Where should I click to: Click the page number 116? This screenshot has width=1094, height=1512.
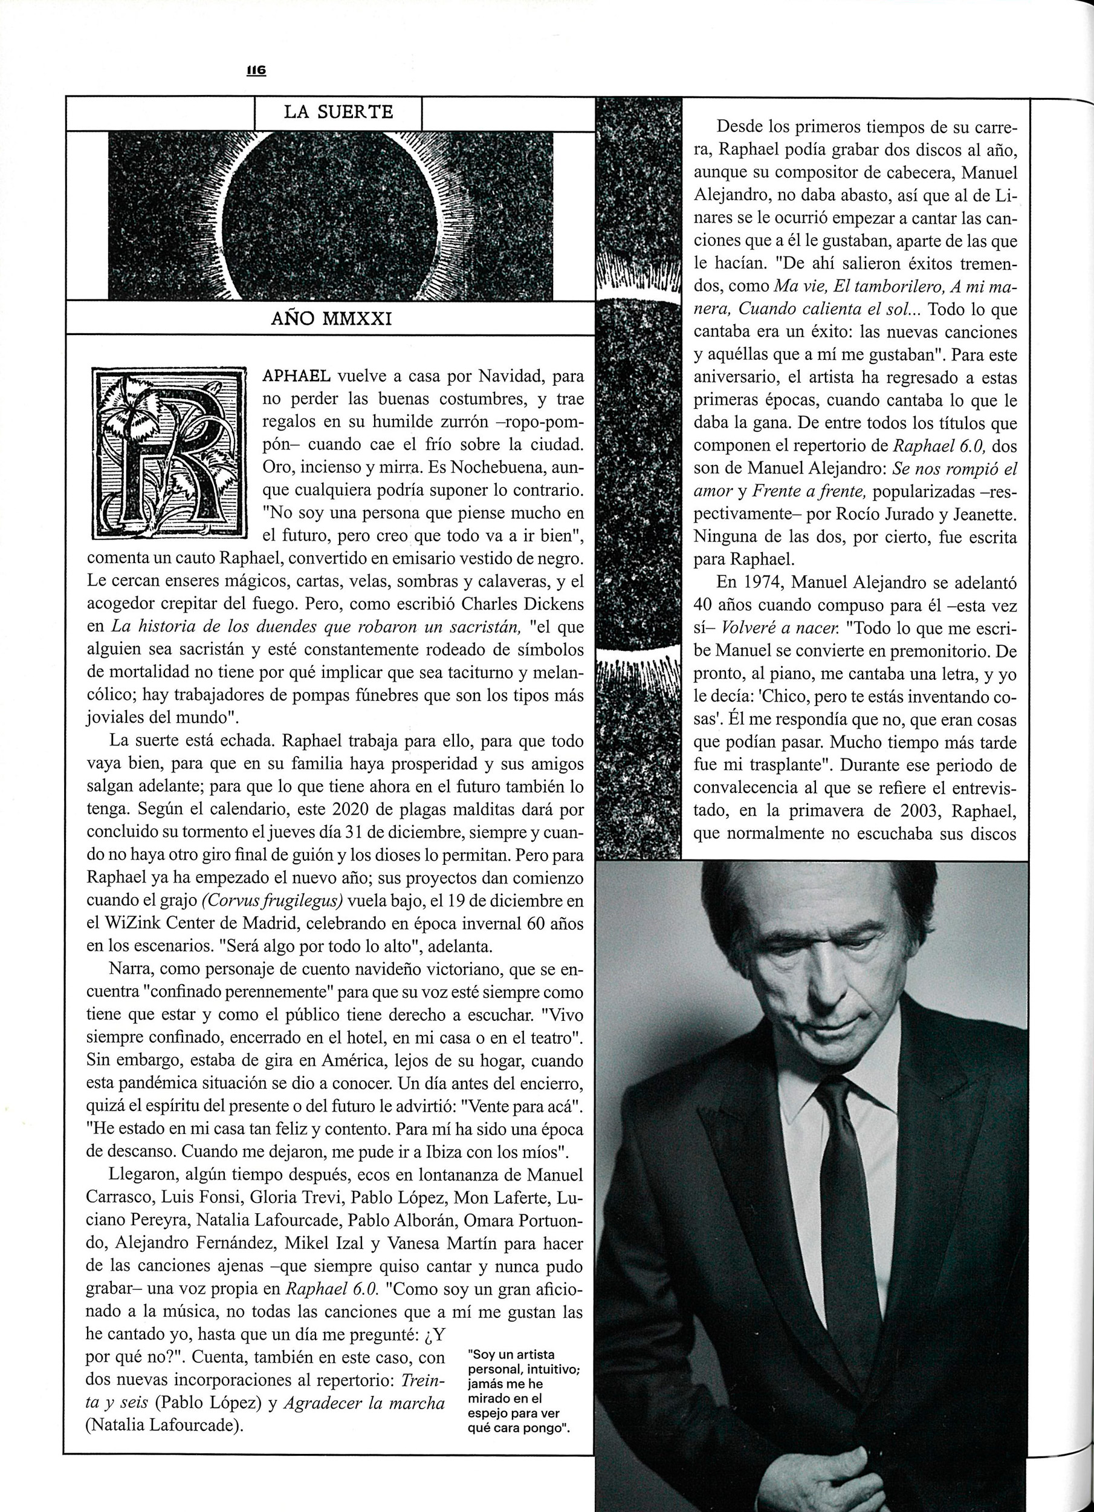click(256, 70)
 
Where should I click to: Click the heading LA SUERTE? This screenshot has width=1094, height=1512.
click(338, 112)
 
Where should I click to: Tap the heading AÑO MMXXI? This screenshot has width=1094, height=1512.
click(331, 319)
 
